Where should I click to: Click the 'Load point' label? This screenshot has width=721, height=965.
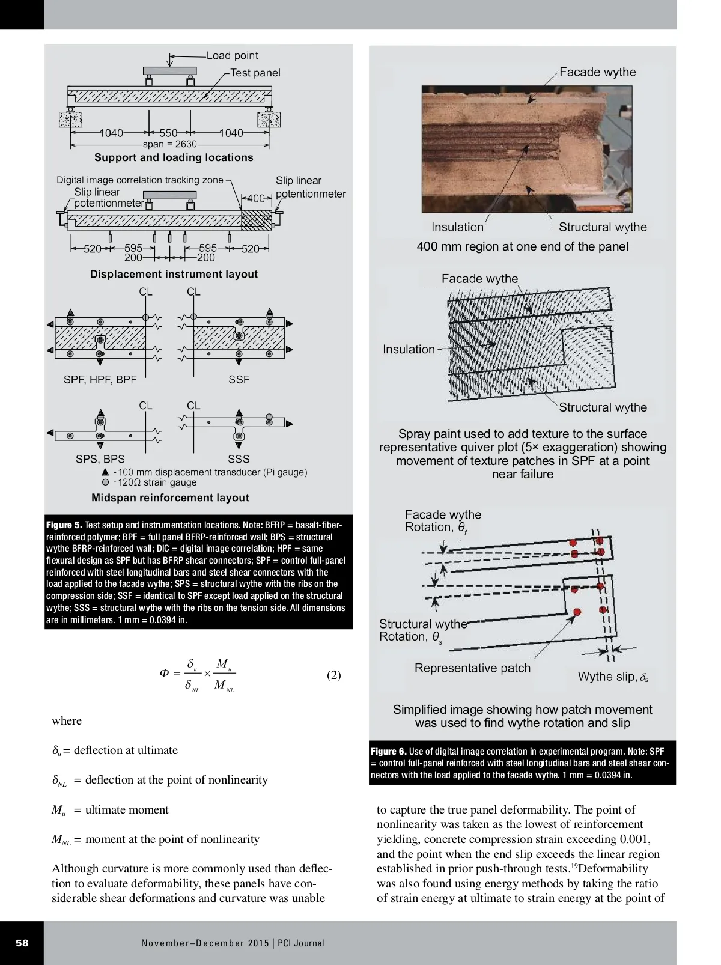(232, 56)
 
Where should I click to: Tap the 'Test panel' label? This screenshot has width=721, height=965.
(255, 73)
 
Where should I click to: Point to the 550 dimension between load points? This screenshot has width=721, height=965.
(168, 133)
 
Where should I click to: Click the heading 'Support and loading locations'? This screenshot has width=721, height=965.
(174, 157)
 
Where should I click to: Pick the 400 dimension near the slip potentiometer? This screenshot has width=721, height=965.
(256, 198)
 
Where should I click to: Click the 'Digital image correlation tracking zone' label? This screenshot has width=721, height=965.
(139, 180)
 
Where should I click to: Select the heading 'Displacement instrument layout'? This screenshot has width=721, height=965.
(174, 274)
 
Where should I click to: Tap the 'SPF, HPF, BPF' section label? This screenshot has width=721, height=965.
(100, 379)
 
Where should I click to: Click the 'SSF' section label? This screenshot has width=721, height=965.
(239, 379)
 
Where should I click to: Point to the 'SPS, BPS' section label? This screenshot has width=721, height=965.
(100, 459)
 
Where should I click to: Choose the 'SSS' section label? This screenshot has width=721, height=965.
(239, 459)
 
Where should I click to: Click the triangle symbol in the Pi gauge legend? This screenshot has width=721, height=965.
(106, 472)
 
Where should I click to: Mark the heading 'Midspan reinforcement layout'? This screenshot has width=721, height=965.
(170, 498)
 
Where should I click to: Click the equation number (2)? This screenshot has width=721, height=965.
(333, 675)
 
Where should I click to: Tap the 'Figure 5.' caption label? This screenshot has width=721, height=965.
(64, 525)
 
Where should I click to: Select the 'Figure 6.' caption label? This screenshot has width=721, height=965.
(388, 751)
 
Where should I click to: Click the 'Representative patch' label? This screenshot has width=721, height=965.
(472, 668)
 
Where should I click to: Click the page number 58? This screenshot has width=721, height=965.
(22, 943)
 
